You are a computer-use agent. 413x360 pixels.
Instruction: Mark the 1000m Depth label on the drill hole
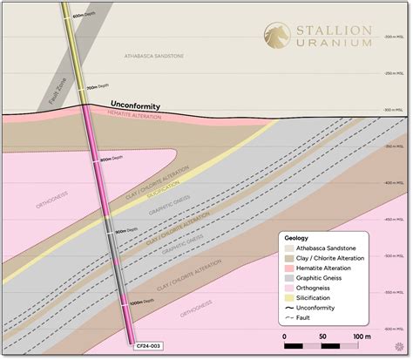point(136,302)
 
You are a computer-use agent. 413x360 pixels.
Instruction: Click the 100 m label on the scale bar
point(359,334)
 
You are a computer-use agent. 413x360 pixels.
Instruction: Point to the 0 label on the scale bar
point(284,334)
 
